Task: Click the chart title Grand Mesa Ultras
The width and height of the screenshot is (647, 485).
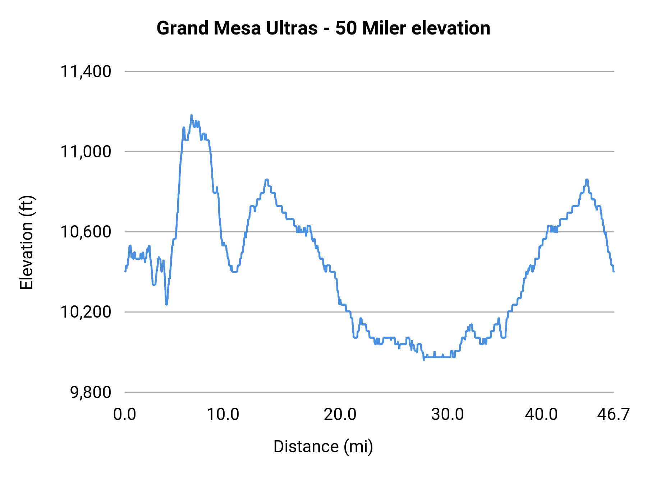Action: pyautogui.click(x=323, y=28)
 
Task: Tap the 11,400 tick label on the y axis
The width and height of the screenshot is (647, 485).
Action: pyautogui.click(x=86, y=71)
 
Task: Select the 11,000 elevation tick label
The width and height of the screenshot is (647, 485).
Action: pyautogui.click(x=86, y=152)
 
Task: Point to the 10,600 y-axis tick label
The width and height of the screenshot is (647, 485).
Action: pyautogui.click(x=86, y=232)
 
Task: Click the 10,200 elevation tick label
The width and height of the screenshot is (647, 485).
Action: pyautogui.click(x=86, y=312)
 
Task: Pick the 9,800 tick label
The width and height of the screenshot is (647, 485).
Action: pyautogui.click(x=91, y=392)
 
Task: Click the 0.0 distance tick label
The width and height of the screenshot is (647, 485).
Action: pyautogui.click(x=125, y=414)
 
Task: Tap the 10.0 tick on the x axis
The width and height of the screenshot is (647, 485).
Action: pyautogui.click(x=223, y=414)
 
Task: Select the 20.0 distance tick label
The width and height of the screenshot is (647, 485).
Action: pyautogui.click(x=340, y=414)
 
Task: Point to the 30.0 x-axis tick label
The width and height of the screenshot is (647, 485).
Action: pyautogui.click(x=448, y=414)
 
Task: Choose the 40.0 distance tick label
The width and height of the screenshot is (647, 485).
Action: pyautogui.click(x=541, y=414)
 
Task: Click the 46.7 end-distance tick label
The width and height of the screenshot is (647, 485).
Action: pyautogui.click(x=613, y=414)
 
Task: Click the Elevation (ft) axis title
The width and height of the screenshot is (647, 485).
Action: pyautogui.click(x=27, y=242)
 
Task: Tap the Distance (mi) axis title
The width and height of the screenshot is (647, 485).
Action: pyautogui.click(x=323, y=447)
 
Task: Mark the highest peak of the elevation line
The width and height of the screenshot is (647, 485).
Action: pyautogui.click(x=191, y=115)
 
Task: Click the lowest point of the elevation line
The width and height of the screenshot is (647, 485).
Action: pyautogui.click(x=424, y=359)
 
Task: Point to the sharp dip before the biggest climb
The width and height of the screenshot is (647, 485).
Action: pyautogui.click(x=166, y=304)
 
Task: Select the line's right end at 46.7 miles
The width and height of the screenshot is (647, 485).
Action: pyautogui.click(x=614, y=272)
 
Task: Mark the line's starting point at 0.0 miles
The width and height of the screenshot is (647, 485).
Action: pyautogui.click(x=125, y=272)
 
